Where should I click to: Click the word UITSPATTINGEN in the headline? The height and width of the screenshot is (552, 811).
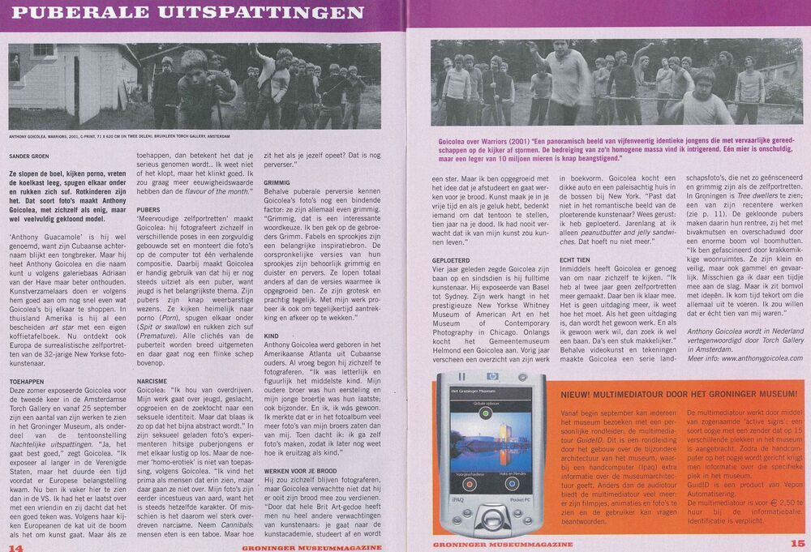click(268, 14)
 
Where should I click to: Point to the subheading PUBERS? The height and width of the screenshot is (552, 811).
click(149, 209)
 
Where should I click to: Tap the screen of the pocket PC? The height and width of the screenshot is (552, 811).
click(486, 449)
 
